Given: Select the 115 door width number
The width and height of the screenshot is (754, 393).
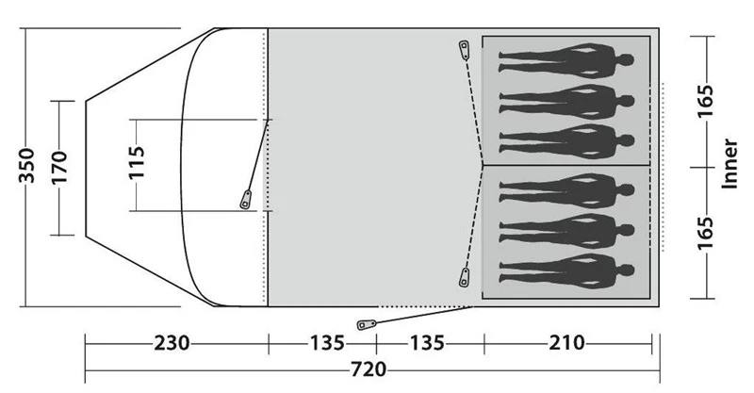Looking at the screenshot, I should pos(138,165).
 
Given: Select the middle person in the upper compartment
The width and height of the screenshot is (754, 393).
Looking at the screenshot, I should pos(565,98).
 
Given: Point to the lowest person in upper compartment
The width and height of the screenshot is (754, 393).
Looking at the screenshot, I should pos(565,138).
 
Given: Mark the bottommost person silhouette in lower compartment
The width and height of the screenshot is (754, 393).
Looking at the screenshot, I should pos(565,268).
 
